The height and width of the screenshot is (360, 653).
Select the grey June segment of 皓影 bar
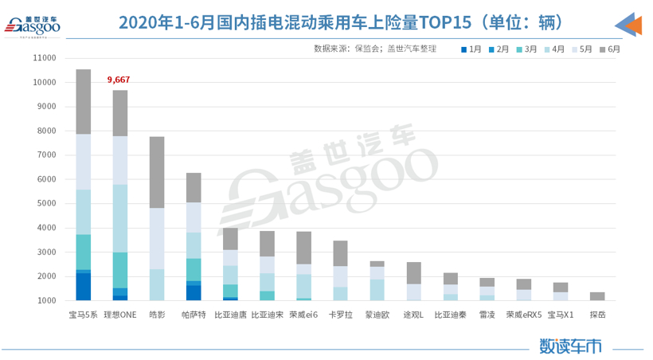(x=157, y=172)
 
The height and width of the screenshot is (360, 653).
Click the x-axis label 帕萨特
(x=194, y=315)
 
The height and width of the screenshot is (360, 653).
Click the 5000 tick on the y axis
(x=46, y=203)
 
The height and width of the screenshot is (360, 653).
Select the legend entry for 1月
(x=470, y=49)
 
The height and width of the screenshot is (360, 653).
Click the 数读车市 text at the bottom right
(x=570, y=346)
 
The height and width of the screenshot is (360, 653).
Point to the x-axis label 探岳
(x=597, y=315)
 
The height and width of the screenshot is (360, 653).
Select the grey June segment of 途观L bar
(x=414, y=273)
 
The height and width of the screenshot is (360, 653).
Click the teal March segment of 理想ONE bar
(x=120, y=270)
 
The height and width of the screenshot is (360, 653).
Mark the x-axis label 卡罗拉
(x=340, y=315)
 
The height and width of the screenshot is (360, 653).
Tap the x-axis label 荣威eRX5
(x=524, y=315)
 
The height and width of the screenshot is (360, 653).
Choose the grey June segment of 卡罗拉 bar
(x=340, y=253)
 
